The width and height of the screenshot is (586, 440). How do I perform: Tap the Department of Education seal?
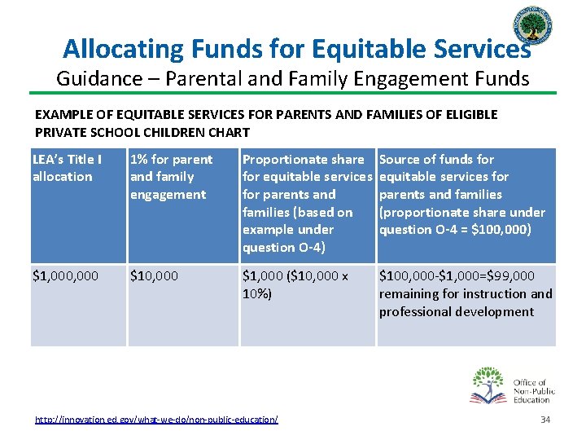536,31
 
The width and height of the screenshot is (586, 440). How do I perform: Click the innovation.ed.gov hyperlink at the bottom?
156,419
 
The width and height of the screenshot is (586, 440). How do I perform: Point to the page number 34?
544,419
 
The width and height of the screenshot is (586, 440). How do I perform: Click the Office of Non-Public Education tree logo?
488,385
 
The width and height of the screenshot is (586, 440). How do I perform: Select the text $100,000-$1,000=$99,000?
457,276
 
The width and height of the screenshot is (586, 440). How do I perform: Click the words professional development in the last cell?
456,311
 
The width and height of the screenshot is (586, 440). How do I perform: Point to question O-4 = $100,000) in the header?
454,230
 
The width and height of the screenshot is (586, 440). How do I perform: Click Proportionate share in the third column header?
303,159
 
